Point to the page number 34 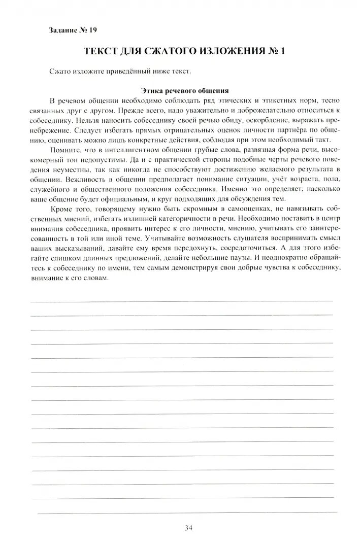point(188,529)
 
